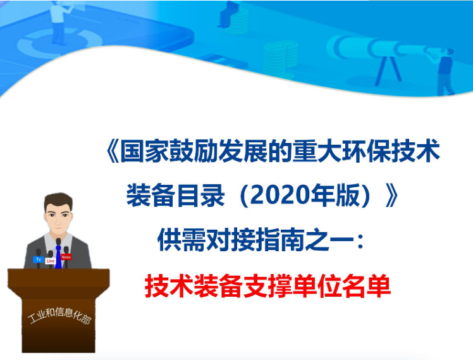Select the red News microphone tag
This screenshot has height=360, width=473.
tap(66, 257)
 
